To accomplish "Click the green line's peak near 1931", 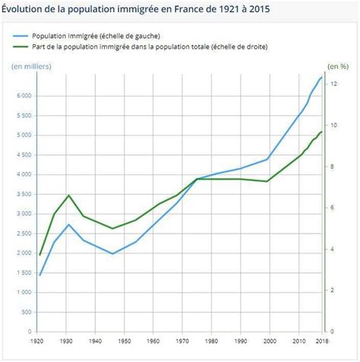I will [x=69, y=195].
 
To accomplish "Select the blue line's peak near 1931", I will [x=69, y=224].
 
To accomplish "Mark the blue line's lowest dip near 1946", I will [x=112, y=254].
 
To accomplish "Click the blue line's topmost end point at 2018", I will [x=322, y=77].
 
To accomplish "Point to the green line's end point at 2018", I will [x=322, y=132].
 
